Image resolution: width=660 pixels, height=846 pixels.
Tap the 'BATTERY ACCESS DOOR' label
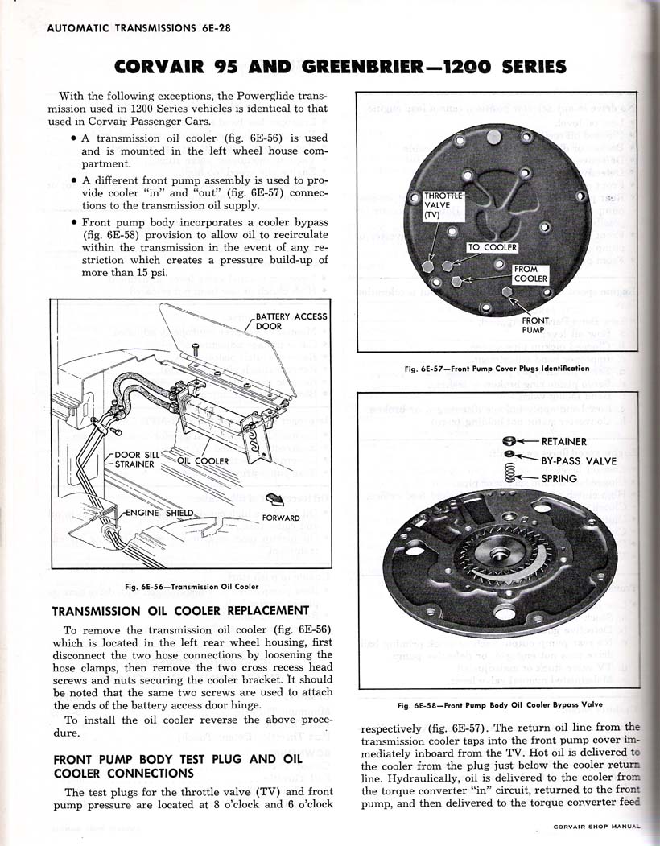click(291, 321)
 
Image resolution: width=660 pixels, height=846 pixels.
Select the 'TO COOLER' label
click(493, 247)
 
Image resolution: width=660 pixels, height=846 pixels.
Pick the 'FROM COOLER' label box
click(531, 274)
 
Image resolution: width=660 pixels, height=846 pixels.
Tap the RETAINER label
click(564, 441)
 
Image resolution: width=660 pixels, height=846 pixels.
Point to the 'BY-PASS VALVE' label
click(579, 460)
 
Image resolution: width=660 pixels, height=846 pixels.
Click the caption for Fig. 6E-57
click(497, 369)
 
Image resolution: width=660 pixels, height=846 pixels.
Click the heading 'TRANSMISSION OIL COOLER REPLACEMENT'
click(180, 611)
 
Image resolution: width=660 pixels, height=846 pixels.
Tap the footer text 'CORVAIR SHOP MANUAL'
click(596, 826)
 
